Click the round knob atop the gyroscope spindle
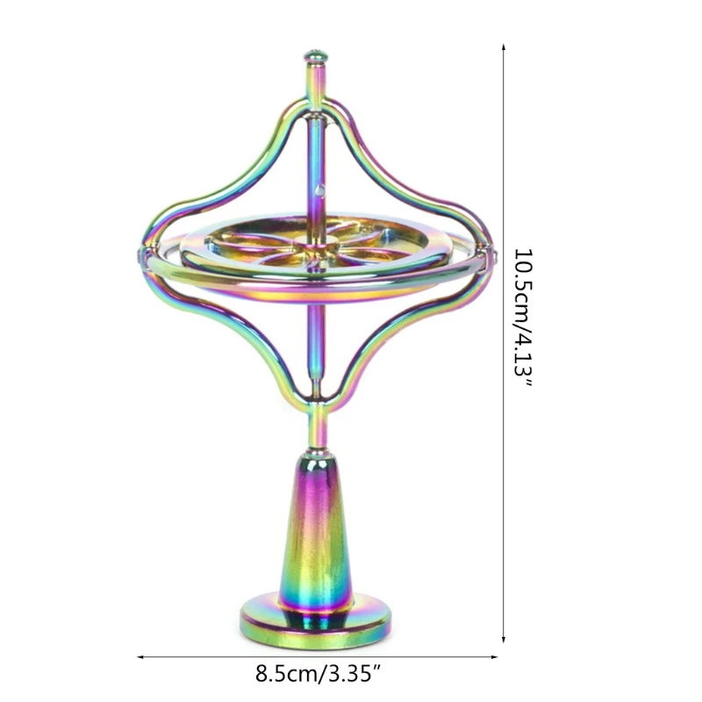tap(316, 58)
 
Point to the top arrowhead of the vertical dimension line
tap(504, 46)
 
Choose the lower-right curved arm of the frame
tap(412, 338)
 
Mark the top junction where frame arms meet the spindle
tap(316, 110)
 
